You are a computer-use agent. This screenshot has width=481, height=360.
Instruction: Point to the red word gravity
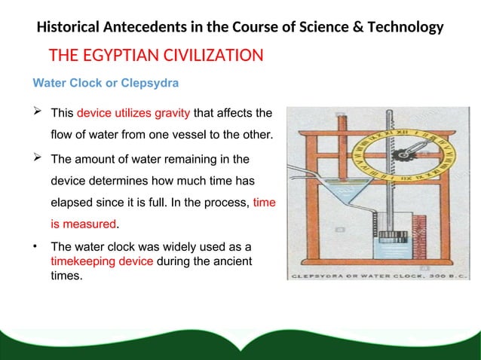point(173,114)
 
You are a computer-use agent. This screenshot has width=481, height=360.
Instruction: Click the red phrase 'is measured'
point(83,224)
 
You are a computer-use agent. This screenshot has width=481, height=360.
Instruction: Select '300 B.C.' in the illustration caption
point(437,276)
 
